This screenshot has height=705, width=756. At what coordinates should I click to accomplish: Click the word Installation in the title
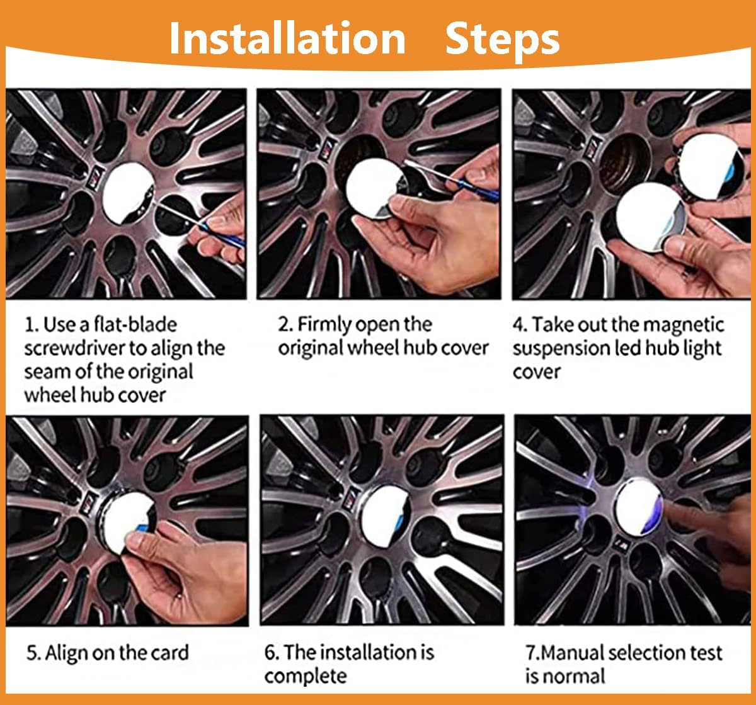[287, 38]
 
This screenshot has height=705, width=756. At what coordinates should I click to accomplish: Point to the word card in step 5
[169, 653]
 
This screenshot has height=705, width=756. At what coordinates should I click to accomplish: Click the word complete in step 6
[306, 677]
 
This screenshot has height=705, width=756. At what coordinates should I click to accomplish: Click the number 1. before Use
[31, 325]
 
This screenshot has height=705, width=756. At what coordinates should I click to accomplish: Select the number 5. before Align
[33, 653]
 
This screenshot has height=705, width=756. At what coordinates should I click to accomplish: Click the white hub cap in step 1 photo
[127, 192]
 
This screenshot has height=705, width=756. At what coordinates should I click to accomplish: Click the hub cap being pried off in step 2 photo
[375, 189]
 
